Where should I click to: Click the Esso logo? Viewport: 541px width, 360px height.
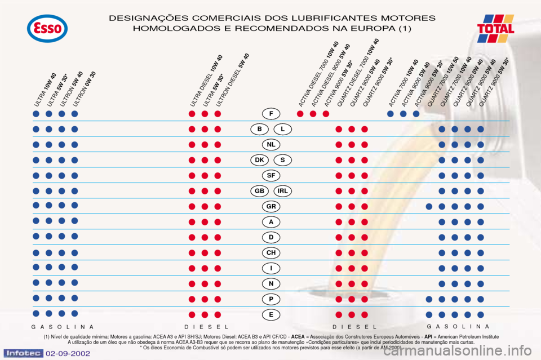(x=47, y=29)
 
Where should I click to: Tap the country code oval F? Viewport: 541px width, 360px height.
(x=271, y=114)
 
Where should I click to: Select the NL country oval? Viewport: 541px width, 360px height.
(x=271, y=144)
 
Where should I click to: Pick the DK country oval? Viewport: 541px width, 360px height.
(x=259, y=160)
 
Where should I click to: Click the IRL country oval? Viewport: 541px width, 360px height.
(x=283, y=191)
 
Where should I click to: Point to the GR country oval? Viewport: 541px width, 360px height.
(x=271, y=206)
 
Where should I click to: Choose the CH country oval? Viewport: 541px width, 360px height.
(x=271, y=252)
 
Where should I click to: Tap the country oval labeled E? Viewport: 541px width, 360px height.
(x=271, y=314)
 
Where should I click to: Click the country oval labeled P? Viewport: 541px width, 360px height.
(x=271, y=299)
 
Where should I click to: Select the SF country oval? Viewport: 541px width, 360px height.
(x=271, y=175)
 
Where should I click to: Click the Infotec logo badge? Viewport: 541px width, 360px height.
(x=23, y=353)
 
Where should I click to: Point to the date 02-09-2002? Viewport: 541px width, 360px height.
(x=68, y=354)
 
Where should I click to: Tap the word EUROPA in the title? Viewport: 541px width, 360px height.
(x=369, y=28)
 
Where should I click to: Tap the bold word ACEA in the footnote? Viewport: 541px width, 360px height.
(x=298, y=336)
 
